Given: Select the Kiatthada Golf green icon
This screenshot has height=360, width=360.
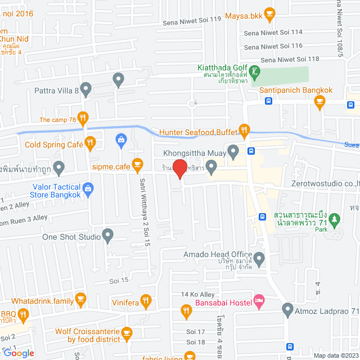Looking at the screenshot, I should tap(256, 71).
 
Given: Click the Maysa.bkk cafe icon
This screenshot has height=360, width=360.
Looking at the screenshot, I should tap(269, 12).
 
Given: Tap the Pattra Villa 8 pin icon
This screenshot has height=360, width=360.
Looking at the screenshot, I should tap(85, 88).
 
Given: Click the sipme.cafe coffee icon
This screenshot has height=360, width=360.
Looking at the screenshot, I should tap(137, 165).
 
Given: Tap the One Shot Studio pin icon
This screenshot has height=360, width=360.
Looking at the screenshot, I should tap(109, 236).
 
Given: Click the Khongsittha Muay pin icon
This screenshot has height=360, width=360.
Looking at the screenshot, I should tap(233, 151).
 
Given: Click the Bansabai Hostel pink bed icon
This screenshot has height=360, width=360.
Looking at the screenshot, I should tap(259, 301).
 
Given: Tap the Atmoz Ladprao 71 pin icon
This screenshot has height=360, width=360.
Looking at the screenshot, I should tap(287, 309).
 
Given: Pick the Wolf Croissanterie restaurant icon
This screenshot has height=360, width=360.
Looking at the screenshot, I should tap(127, 334).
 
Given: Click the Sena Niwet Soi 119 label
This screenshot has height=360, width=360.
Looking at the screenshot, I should tap(192, 20).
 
